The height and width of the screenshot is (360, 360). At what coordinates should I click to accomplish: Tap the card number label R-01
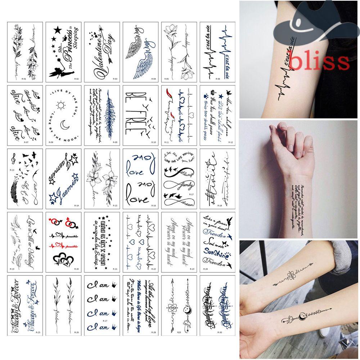tap(14, 79)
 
